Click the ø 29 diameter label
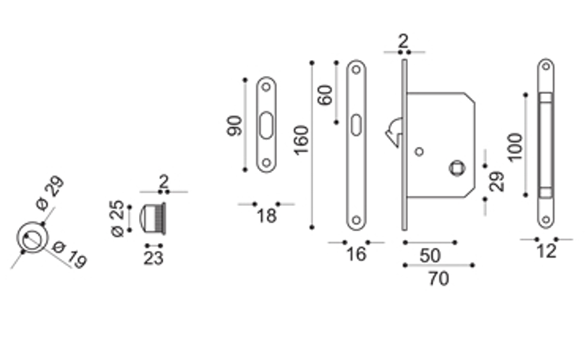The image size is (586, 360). point(50,193)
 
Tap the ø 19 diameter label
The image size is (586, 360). point(70,254)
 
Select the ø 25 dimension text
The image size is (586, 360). point(117,218)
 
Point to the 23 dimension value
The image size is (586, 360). point(153,258)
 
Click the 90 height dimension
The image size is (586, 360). point(234,126)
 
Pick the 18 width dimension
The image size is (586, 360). point(266,216)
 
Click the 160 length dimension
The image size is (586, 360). point(301,140)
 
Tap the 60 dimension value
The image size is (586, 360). point(325,95)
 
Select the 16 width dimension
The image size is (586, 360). point(356,254)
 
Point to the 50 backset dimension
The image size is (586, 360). point(430,256)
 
